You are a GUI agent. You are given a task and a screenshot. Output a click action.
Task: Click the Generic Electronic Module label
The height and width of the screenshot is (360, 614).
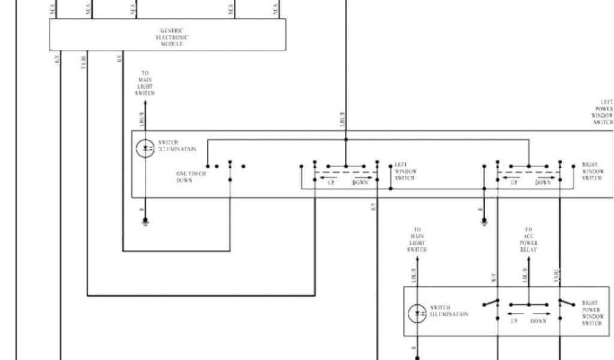click(x=171, y=37)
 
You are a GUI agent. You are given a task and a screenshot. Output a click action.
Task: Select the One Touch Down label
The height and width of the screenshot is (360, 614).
click(x=191, y=177)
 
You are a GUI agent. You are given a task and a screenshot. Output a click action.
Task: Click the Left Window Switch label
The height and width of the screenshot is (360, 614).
click(x=405, y=172)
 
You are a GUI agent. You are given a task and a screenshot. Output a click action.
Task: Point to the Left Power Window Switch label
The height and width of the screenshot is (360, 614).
click(x=603, y=112)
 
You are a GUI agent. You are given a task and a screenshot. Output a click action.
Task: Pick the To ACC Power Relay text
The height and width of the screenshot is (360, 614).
click(x=529, y=239)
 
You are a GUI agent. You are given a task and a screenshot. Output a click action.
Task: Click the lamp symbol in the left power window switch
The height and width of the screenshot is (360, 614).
click(x=145, y=149)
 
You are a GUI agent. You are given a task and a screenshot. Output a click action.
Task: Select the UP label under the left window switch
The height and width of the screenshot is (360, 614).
click(x=330, y=182)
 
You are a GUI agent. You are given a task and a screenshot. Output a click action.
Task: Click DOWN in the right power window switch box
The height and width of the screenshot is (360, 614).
click(x=538, y=322)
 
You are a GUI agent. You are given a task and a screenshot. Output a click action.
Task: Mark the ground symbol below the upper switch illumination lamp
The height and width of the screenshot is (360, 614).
click(x=145, y=222)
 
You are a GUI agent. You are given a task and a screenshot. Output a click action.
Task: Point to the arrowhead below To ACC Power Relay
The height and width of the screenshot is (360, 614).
click(x=529, y=260)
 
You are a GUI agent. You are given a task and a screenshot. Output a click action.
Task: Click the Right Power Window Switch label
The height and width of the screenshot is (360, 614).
click(x=592, y=313)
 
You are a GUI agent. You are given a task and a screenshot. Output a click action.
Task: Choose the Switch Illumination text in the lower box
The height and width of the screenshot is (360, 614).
click(x=449, y=311)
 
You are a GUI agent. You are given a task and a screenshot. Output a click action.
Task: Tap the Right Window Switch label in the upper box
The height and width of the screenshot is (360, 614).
click(x=592, y=171)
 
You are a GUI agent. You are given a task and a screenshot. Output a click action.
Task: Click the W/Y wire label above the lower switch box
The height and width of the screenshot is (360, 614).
click(x=493, y=277)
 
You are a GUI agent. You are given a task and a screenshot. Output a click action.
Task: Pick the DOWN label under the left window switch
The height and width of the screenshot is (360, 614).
click(x=360, y=182)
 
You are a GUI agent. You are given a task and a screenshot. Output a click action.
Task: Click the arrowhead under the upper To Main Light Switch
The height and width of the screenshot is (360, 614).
click(x=145, y=104)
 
